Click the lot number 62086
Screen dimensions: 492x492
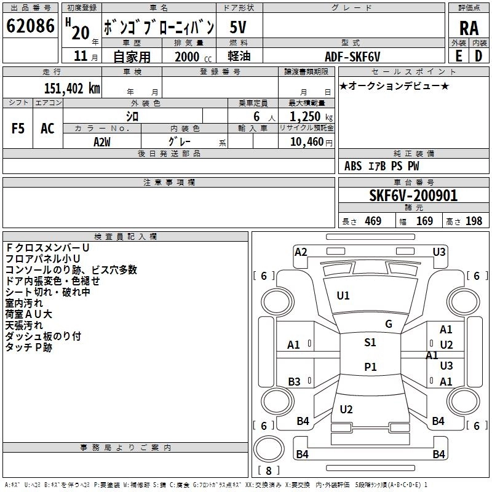tap(30, 26)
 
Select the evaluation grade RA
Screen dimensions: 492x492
tap(469, 28)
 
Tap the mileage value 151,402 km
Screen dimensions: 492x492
tap(72, 89)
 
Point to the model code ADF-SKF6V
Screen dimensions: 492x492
tap(352, 57)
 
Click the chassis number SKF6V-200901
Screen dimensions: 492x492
tap(413, 196)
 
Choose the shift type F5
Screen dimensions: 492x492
tap(18, 129)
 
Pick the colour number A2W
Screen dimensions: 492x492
tap(102, 142)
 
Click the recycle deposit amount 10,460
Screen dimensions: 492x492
tap(307, 142)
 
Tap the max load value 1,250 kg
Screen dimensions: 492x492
tap(311, 117)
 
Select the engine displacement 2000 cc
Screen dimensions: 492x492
tap(193, 57)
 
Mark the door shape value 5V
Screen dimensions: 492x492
tap(238, 27)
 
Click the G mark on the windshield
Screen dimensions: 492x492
tap(389, 324)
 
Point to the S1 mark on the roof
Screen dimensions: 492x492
tap(370, 343)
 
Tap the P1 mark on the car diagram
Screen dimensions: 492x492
tap(370, 367)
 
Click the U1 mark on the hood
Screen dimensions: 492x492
tap(343, 296)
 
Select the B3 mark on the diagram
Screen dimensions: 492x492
tap(295, 382)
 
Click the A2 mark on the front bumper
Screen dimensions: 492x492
tap(301, 252)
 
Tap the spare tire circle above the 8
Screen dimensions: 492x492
tap(269, 449)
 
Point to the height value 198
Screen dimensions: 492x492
tap(474, 221)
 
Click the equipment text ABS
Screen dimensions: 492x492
tap(353, 166)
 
